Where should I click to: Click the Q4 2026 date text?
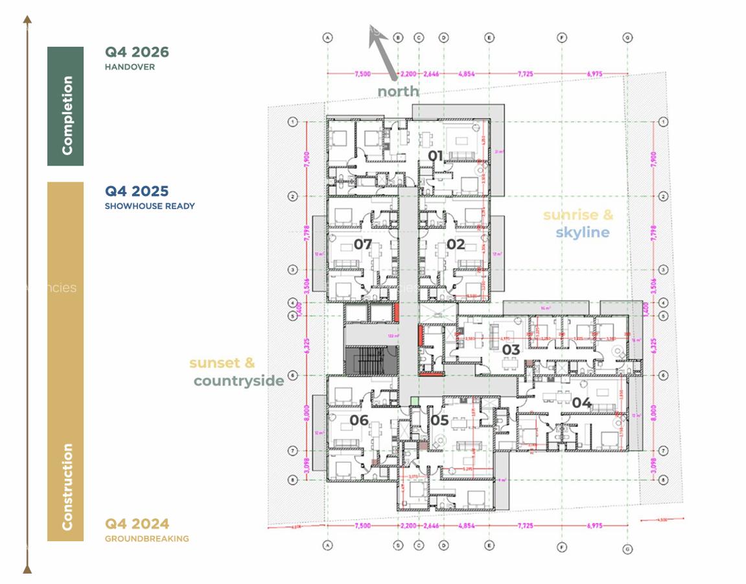137,53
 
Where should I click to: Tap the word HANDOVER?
130,67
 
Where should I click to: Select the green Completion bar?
65,106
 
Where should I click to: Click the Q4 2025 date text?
137,191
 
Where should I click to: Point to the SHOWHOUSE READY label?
150,206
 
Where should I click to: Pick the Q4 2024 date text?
137,524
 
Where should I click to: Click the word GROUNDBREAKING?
147,539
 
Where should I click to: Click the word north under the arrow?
398,91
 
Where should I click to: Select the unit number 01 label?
436,156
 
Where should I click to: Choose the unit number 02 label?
456,245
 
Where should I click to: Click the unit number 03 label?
511,350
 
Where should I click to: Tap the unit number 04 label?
581,403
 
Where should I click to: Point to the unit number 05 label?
439,420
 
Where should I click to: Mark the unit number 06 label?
359,420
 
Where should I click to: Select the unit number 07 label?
362,245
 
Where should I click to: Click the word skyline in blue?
582,232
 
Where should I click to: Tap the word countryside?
239,381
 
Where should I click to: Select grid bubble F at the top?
562,38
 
